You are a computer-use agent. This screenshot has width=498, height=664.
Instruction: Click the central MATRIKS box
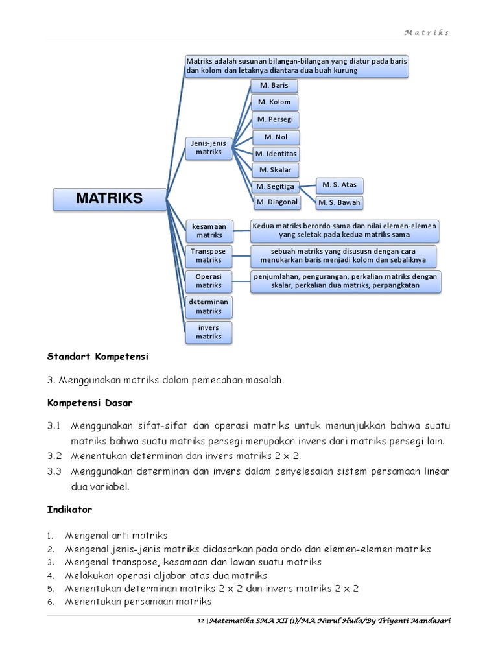(x=109, y=199)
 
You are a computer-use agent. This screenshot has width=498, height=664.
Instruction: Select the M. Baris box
(x=274, y=86)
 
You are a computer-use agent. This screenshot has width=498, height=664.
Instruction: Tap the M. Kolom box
(x=274, y=102)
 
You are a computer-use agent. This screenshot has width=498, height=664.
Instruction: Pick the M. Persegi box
(x=275, y=119)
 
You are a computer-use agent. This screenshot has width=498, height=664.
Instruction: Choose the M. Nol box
(x=276, y=137)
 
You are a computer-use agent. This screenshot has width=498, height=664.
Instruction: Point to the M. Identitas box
(x=276, y=154)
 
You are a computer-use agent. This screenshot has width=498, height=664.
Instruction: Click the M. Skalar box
(x=276, y=170)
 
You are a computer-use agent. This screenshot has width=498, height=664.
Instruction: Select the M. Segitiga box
(x=276, y=187)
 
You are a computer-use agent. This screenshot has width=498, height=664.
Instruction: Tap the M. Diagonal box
(x=277, y=202)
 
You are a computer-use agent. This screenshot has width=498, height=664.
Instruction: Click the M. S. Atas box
(x=340, y=185)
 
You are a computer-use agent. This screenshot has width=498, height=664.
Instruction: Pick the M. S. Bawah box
(x=340, y=203)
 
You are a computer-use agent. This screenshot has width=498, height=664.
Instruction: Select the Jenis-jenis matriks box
(x=209, y=148)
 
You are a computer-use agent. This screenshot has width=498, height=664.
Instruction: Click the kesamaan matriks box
(x=209, y=231)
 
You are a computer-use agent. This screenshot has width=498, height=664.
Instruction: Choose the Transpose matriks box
(x=209, y=255)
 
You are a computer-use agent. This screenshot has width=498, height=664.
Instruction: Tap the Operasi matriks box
(x=209, y=281)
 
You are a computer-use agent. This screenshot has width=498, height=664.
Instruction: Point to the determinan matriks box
(x=209, y=306)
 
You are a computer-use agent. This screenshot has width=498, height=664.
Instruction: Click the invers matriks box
(x=209, y=332)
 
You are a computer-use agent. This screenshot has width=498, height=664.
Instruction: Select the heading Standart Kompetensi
(x=98, y=357)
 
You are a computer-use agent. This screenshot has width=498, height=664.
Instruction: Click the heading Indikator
(x=69, y=510)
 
